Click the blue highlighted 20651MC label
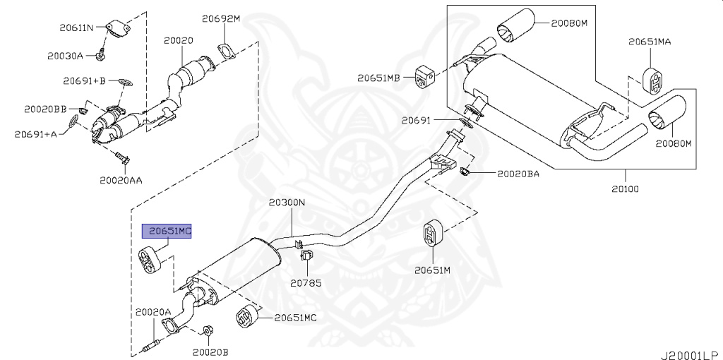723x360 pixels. [167, 231]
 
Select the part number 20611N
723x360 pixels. [76, 28]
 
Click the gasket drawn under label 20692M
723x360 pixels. [225, 51]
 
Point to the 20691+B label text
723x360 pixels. [85, 81]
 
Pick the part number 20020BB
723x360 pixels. [45, 109]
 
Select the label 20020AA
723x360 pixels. [121, 180]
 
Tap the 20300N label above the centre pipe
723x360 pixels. [287, 203]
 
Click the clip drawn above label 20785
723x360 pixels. [306, 256]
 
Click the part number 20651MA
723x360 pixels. [650, 42]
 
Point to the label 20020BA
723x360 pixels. [518, 174]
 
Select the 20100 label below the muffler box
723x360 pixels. [626, 188]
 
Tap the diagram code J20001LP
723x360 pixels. [692, 355]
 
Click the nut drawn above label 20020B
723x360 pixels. [208, 330]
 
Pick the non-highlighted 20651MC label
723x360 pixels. [295, 318]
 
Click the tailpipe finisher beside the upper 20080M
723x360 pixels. [515, 25]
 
